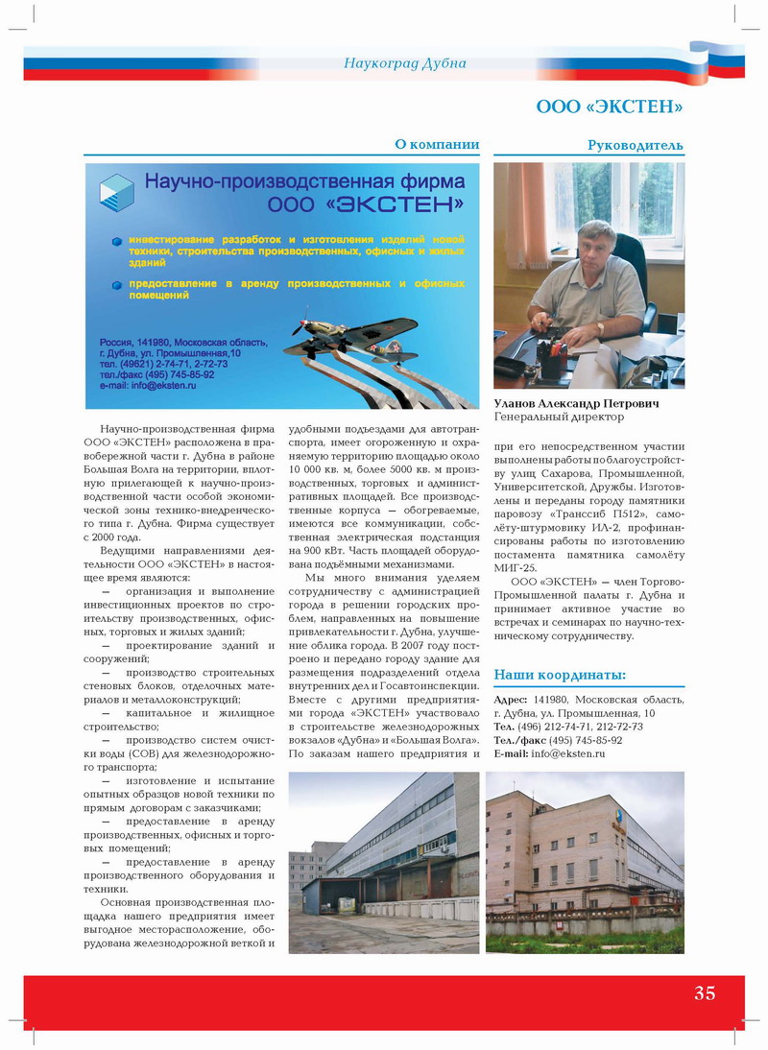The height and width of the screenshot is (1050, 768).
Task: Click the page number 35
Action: [705, 993]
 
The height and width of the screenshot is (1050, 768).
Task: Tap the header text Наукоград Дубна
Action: [404, 63]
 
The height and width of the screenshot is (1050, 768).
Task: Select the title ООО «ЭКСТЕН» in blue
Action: [610, 105]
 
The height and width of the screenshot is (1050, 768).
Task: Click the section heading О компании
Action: [437, 145]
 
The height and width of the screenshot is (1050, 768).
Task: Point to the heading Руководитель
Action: [636, 146]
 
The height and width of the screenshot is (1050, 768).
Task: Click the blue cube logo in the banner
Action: [117, 192]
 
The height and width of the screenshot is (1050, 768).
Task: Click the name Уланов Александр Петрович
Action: [577, 404]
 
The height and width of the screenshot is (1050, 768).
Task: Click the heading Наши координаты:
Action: [560, 675]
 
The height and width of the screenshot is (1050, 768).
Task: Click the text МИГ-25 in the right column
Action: [514, 568]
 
